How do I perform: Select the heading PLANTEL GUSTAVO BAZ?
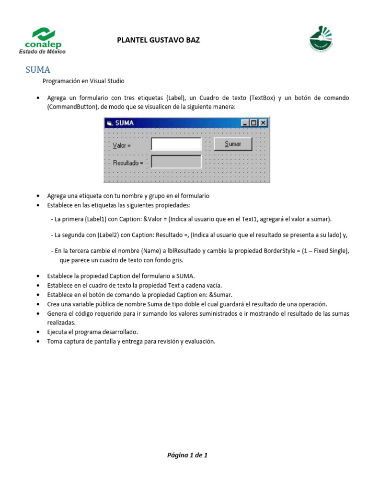pos(158,40)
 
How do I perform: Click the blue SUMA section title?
pos(38,70)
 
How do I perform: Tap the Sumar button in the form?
pos(233,144)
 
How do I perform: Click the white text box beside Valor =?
pos(176,145)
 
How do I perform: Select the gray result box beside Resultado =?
pos(176,162)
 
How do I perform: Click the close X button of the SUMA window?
pos(263,123)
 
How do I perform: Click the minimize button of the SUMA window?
pos(246,123)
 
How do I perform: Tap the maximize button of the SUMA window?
pos(254,123)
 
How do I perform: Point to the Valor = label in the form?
pos(122,145)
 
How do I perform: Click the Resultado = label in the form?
pos(128,163)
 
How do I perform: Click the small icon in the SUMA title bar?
pos(109,123)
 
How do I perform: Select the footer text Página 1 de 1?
pos(187,455)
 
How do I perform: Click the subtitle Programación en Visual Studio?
pos(83,81)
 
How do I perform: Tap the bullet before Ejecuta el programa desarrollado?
pos(38,332)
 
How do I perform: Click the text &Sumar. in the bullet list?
pos(221,295)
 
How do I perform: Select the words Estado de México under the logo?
pos(42,52)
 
